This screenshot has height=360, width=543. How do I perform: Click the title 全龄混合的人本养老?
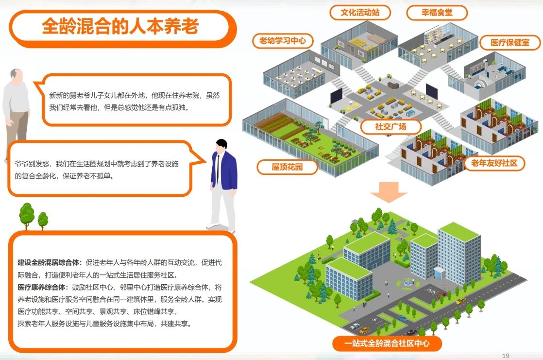tap(120, 27)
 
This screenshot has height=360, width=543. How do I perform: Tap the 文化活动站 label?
tap(360, 13)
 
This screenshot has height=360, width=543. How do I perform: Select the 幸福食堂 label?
tap(437, 13)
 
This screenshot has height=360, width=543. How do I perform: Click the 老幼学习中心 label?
tap(283, 41)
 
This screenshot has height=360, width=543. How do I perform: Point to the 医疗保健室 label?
tap(510, 43)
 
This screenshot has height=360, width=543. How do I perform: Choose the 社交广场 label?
tap(390, 126)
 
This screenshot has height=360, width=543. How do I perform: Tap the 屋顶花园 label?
tap(287, 167)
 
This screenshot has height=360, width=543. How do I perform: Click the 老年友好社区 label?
tap(494, 163)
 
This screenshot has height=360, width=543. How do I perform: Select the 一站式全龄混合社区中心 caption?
tap(387, 343)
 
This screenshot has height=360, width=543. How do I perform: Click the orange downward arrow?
tap(388, 192)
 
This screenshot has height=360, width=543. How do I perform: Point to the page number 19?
tap(506, 356)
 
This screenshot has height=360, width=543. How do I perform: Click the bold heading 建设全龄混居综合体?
tap(49, 263)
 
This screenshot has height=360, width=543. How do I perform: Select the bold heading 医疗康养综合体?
tap(42, 287)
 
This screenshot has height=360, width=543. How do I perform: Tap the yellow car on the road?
tap(460, 301)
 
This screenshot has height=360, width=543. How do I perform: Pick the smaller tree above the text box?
tap(43, 221)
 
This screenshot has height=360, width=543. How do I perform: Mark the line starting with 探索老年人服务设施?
tap(104, 324)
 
